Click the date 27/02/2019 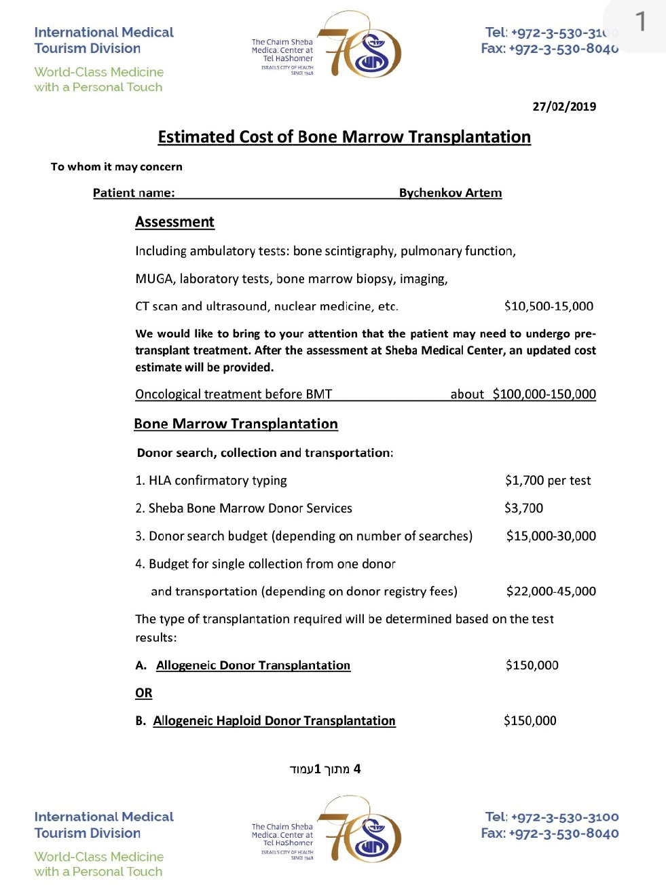pyautogui.click(x=564, y=107)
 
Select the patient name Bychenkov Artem pyautogui.click(x=450, y=193)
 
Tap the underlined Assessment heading pyautogui.click(x=174, y=222)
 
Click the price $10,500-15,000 pyautogui.click(x=549, y=306)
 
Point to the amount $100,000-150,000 pyautogui.click(x=544, y=394)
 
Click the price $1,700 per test pyautogui.click(x=548, y=481)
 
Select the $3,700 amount pyautogui.click(x=523, y=508)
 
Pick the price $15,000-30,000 pyautogui.click(x=551, y=536)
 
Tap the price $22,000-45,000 pyautogui.click(x=551, y=591)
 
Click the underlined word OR pyautogui.click(x=144, y=693)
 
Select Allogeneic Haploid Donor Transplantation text pyautogui.click(x=274, y=721)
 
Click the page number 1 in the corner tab pyautogui.click(x=640, y=22)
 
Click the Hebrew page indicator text pyautogui.click(x=325, y=769)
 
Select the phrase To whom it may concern pyautogui.click(x=117, y=167)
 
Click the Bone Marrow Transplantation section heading pyautogui.click(x=236, y=424)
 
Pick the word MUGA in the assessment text pyautogui.click(x=153, y=279)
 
